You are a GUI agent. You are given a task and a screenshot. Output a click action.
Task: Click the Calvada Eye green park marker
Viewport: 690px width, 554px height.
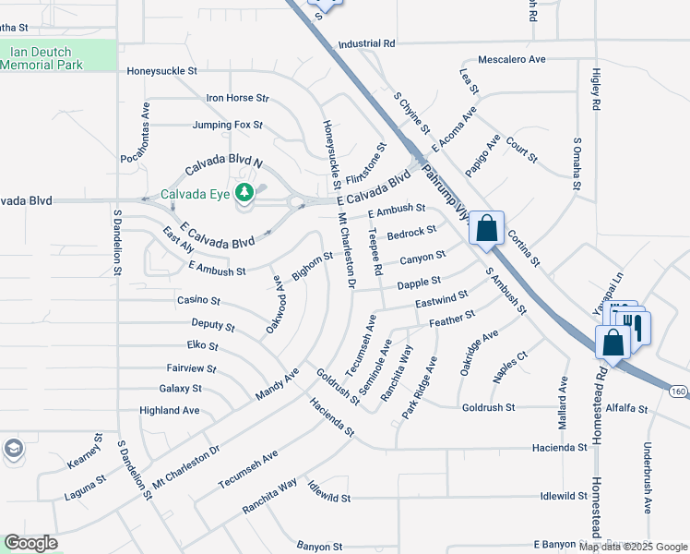click(x=244, y=193)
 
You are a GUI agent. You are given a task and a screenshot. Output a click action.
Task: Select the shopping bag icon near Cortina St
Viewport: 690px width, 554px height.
click(x=486, y=228)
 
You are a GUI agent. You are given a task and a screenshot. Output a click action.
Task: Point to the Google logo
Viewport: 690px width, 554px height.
click(x=31, y=543)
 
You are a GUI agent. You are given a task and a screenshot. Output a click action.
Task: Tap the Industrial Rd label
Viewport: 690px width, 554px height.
click(x=366, y=43)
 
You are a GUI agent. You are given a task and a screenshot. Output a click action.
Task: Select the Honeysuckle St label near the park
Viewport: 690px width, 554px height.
click(x=162, y=70)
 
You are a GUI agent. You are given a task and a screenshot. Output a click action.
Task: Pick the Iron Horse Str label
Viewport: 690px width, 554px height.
click(x=237, y=97)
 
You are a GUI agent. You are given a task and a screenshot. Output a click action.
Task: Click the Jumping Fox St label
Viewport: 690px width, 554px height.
click(x=228, y=125)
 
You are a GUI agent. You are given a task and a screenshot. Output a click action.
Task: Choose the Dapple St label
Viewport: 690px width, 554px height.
click(x=419, y=281)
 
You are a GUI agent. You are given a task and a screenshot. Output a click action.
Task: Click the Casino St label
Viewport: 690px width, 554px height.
click(x=198, y=300)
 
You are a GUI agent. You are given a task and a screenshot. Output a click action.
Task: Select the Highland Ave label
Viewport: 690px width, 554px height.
click(x=169, y=410)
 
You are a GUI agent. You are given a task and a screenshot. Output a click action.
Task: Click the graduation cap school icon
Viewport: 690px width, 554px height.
click(x=14, y=449)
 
